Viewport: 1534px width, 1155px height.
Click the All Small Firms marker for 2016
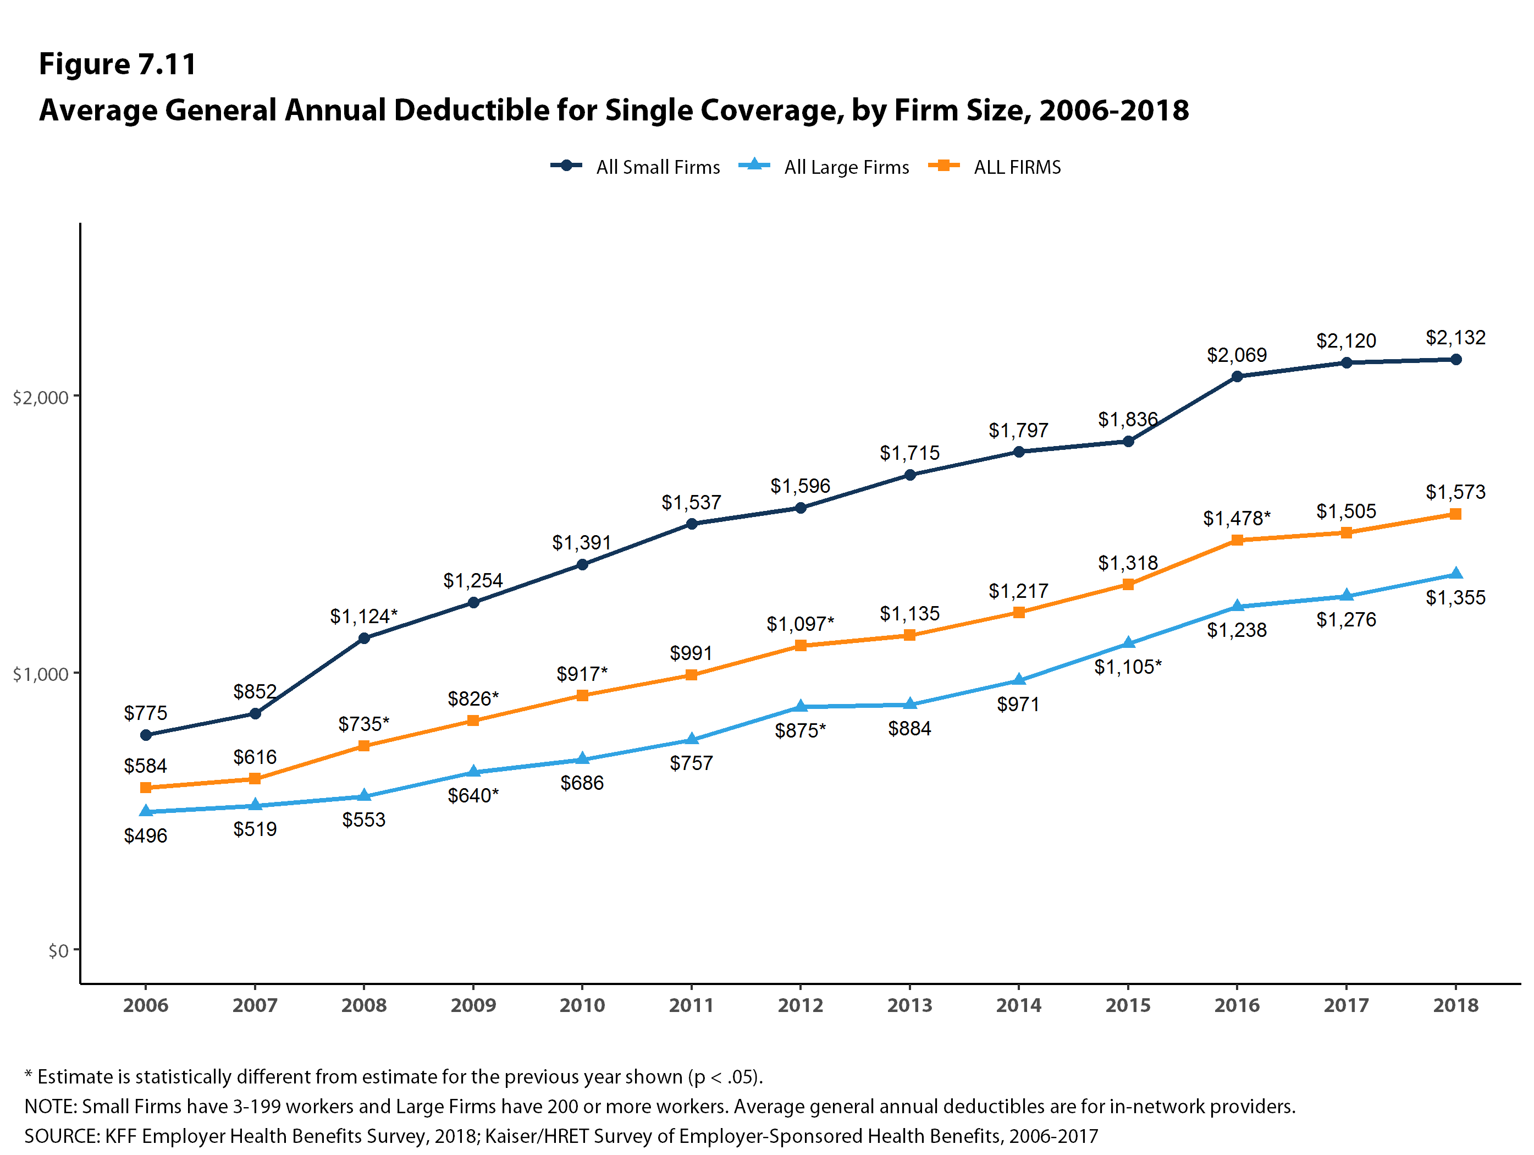pos(1237,377)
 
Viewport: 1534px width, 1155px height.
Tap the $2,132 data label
pos(1455,338)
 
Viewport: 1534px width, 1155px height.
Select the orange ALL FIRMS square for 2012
pos(801,645)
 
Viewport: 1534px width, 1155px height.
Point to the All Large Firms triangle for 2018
pos(1455,573)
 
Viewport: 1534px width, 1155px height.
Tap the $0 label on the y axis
pos(58,950)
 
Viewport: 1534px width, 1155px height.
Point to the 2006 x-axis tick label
pos(146,1005)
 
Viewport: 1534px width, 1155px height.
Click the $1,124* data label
pos(363,616)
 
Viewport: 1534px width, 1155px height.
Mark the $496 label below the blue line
pos(146,835)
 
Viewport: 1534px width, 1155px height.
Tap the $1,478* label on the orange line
pos(1237,518)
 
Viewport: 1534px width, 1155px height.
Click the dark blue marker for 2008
pos(364,638)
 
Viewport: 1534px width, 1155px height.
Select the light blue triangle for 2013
pos(910,704)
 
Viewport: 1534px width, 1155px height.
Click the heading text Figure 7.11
pos(118,64)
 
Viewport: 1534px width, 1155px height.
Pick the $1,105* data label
pos(1128,667)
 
